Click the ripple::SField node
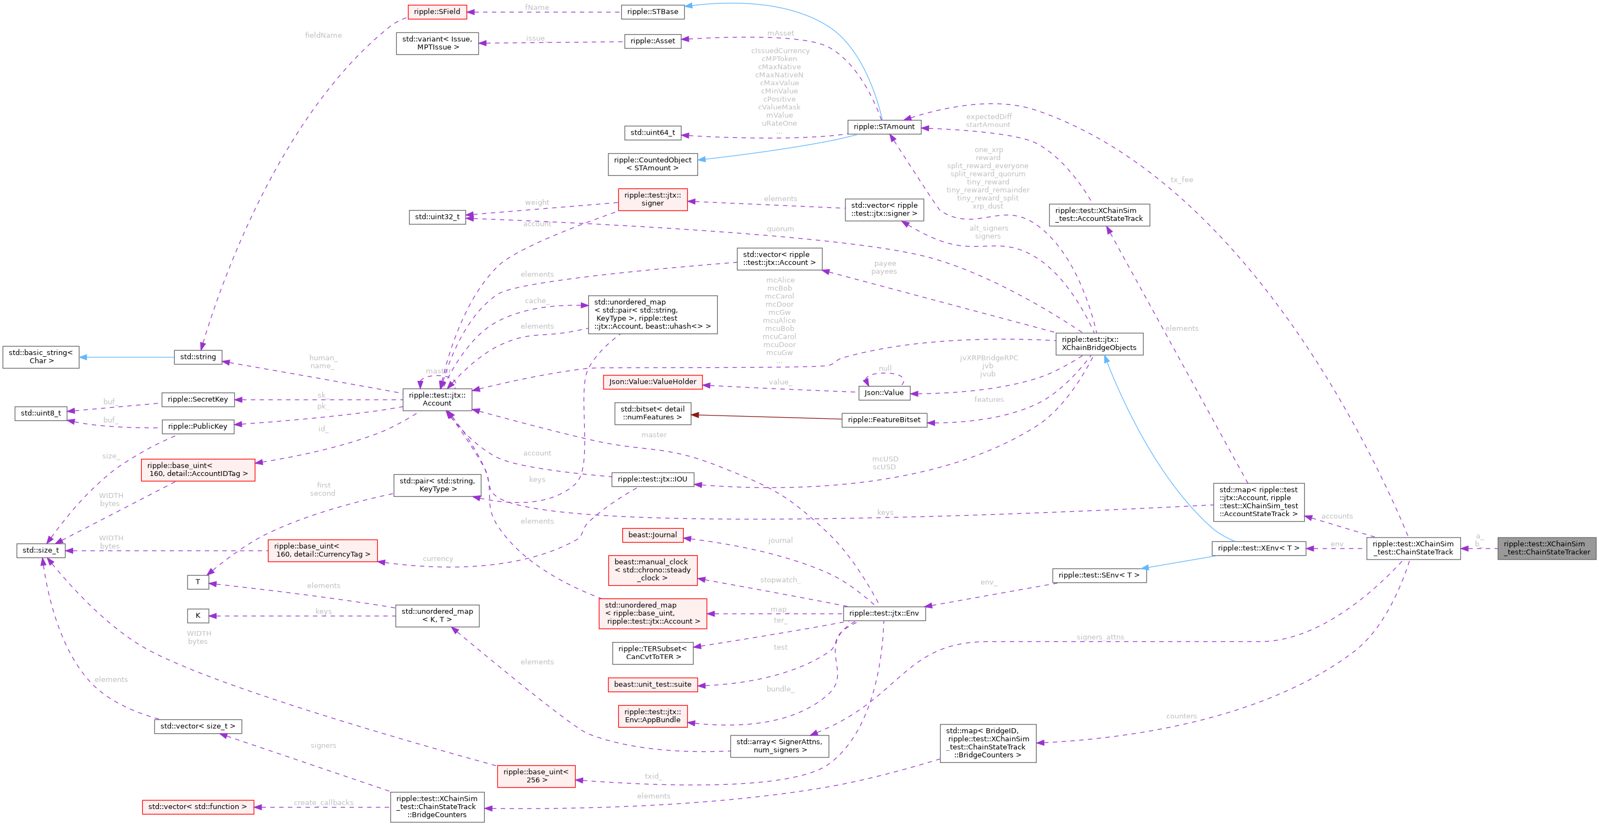[437, 12]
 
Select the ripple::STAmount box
[883, 126]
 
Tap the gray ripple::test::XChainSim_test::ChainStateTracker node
[1546, 548]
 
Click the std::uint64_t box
[652, 133]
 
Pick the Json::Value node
[884, 393]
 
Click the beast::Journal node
[652, 535]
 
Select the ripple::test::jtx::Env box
[883, 613]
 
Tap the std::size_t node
[40, 550]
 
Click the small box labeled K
[197, 616]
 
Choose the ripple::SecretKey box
[197, 400]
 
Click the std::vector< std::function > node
[197, 807]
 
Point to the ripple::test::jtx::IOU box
[652, 479]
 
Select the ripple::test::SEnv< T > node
[1099, 575]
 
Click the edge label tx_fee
[1181, 180]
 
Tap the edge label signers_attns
[1100, 638]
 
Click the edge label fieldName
[323, 35]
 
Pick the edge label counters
[1181, 716]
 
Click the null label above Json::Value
[884, 369]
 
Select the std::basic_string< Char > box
[40, 357]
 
